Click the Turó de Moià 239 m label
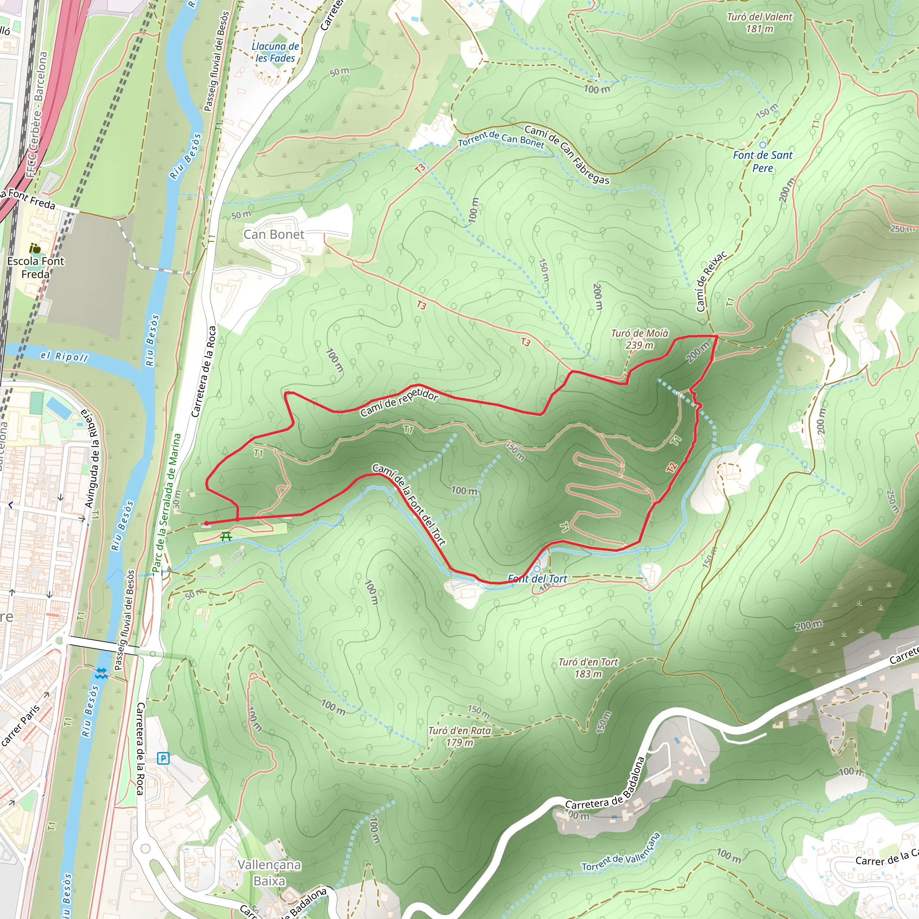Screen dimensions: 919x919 639,339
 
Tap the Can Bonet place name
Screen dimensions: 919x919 274,234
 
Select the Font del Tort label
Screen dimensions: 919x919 538,579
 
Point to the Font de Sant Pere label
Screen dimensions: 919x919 762,161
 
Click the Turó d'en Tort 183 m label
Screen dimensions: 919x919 588,668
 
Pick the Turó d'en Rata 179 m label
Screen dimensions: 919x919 459,736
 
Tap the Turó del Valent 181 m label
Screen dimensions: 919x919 760,23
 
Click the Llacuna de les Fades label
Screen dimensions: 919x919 276,53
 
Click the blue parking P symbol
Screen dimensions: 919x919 163,758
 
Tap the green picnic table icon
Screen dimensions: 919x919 226,537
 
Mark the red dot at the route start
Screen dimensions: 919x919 206,523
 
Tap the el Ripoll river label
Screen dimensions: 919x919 64,356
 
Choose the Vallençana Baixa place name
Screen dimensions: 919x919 269,872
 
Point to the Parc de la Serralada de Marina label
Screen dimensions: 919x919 167,502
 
